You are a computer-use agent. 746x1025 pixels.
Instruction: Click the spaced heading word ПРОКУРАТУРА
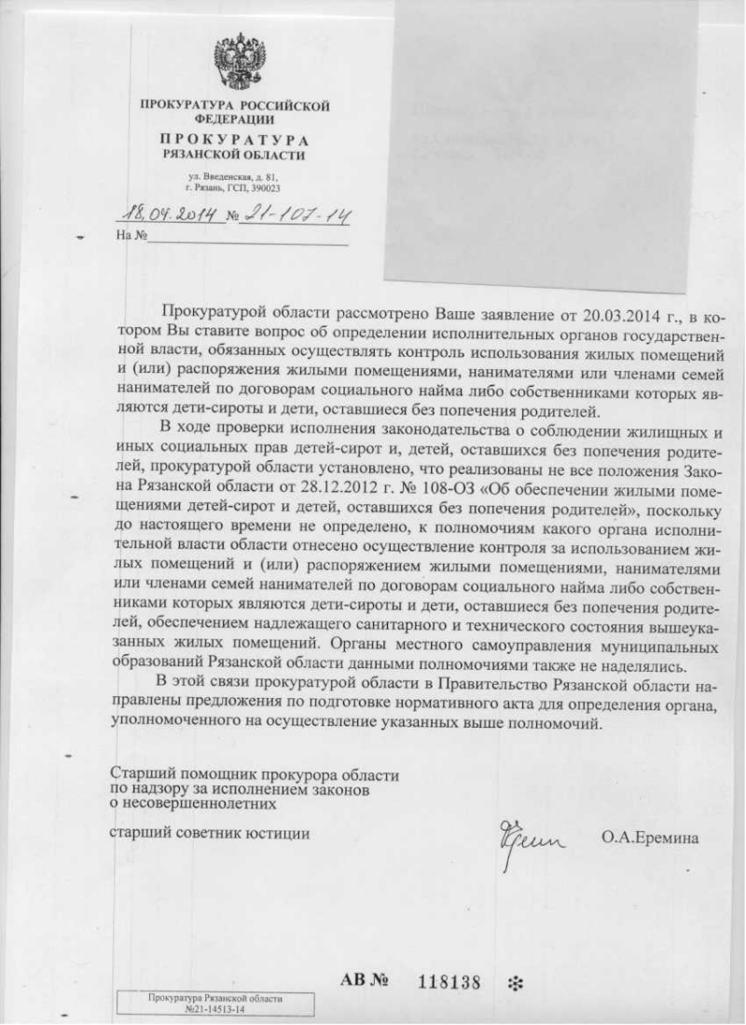click(234, 139)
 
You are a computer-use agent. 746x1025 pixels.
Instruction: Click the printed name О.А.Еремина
click(649, 837)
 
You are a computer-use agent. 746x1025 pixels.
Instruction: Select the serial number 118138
click(449, 981)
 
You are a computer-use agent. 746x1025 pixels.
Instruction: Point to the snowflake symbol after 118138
click(513, 982)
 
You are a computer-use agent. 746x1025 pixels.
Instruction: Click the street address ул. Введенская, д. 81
click(232, 176)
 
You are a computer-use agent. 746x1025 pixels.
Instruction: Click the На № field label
click(131, 236)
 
